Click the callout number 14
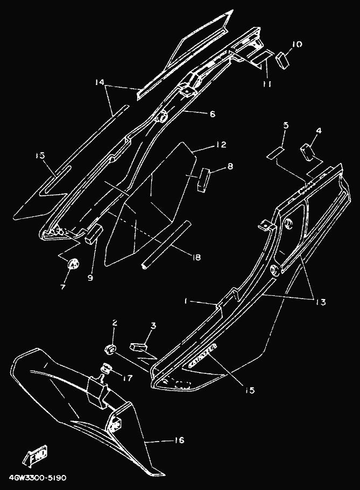(x=98, y=83)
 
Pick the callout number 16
(x=179, y=441)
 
